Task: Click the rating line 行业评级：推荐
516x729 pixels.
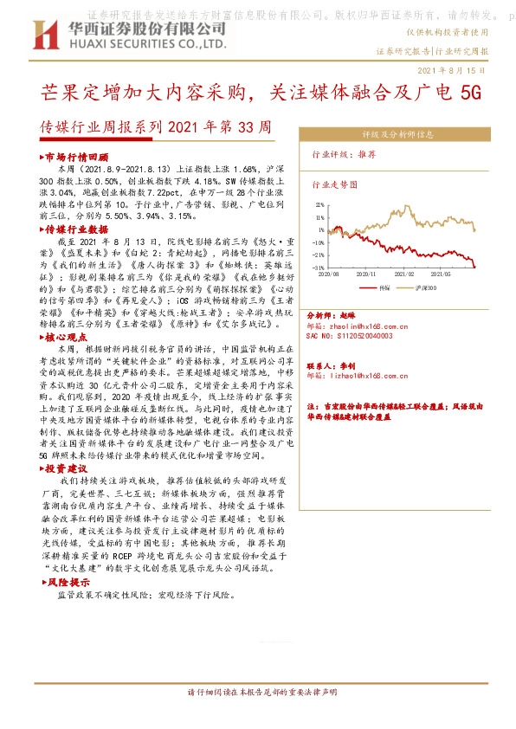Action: pyautogui.click(x=345, y=153)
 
